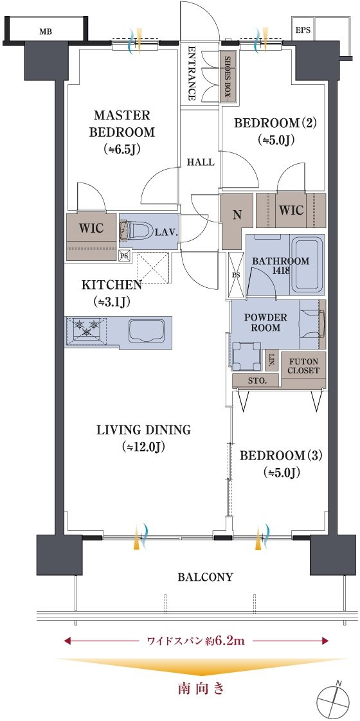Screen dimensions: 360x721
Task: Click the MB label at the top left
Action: click(46, 31)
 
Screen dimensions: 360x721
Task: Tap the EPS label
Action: click(303, 30)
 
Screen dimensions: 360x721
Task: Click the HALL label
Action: click(201, 163)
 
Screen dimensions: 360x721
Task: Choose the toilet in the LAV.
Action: click(137, 231)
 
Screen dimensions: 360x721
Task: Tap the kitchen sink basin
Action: click(146, 330)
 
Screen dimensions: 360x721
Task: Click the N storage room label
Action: click(237, 216)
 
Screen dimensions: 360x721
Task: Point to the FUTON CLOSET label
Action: click(303, 366)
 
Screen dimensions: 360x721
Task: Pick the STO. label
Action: click(256, 380)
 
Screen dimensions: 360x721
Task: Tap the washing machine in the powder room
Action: click(246, 356)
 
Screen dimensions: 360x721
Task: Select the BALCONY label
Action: click(206, 577)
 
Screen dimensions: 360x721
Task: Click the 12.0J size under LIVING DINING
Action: click(143, 447)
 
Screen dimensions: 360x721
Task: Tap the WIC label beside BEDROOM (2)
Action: click(291, 210)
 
